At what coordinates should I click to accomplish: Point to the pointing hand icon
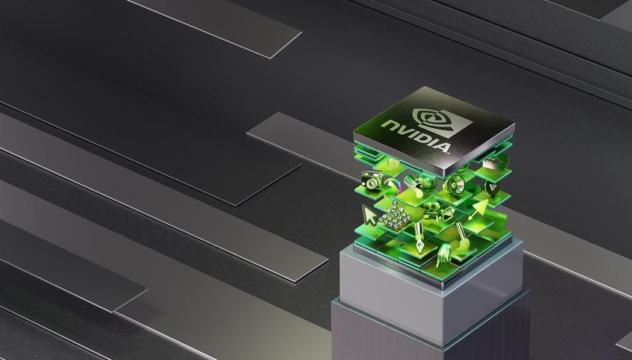point(444,253)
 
